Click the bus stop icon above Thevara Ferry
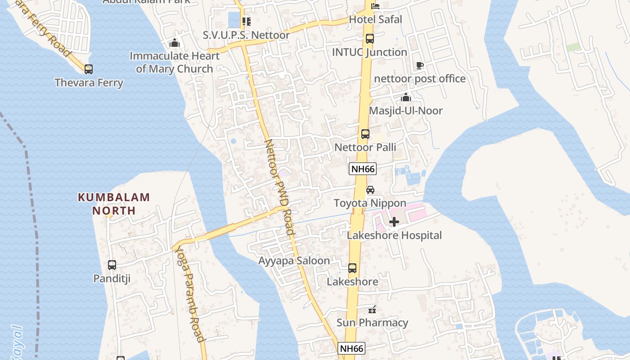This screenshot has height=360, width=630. [x=89, y=69]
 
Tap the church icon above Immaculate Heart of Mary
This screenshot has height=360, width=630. [x=174, y=43]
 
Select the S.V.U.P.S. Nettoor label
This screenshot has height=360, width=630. [x=246, y=35]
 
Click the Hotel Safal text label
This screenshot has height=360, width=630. [x=376, y=19]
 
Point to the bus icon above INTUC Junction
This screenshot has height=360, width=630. [x=369, y=39]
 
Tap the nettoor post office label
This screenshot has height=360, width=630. [x=420, y=79]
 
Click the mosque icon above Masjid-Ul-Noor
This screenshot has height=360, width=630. [x=406, y=97]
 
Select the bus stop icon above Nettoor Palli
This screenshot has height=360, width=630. [x=365, y=134]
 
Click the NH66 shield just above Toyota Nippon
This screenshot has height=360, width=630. [x=363, y=169]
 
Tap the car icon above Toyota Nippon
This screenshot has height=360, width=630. [x=370, y=190]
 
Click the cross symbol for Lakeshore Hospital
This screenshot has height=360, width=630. [x=394, y=222]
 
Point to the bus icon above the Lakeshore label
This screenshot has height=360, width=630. [x=352, y=268]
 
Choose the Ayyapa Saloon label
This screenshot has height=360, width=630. [x=294, y=261]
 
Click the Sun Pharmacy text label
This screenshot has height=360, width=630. [x=373, y=323]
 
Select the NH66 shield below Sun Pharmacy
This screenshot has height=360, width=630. [x=351, y=348]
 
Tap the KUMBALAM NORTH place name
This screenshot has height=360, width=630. [x=114, y=204]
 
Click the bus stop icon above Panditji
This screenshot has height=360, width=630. [x=112, y=265]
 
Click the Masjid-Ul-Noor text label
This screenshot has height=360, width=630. [x=406, y=111]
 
